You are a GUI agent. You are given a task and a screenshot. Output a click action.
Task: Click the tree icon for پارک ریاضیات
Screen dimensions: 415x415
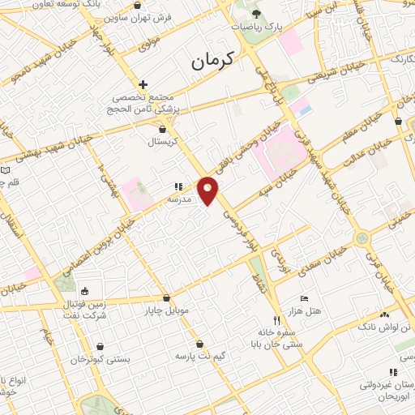[257, 13]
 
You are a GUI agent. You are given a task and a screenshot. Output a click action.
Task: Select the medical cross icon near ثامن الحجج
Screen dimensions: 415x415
[143, 84]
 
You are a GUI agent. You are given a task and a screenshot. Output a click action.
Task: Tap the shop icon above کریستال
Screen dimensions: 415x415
[163, 129]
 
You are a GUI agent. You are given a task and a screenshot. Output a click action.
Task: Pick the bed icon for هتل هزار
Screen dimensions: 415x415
[304, 298]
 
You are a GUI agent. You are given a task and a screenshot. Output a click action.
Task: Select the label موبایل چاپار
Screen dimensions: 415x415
[166, 310]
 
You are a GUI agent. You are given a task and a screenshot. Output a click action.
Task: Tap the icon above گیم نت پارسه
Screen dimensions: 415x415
[199, 344]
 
